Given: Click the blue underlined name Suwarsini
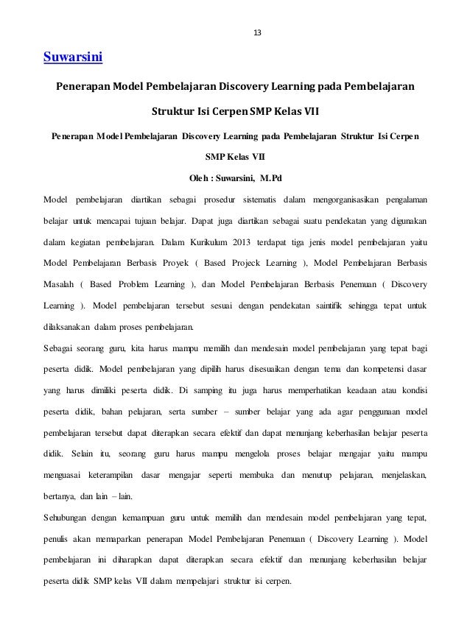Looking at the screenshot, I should (73, 56).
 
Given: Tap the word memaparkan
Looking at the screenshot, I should (128, 539).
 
